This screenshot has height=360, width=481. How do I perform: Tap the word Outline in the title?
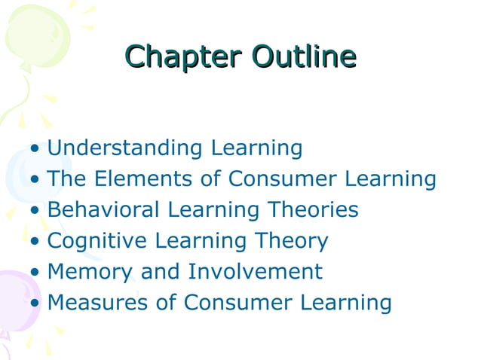[304, 56]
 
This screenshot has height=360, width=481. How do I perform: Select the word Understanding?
[115, 148]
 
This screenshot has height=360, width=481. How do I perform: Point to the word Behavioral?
[103, 209]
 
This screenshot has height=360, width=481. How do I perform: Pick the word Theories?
[311, 209]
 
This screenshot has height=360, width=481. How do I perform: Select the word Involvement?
[256, 271]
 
